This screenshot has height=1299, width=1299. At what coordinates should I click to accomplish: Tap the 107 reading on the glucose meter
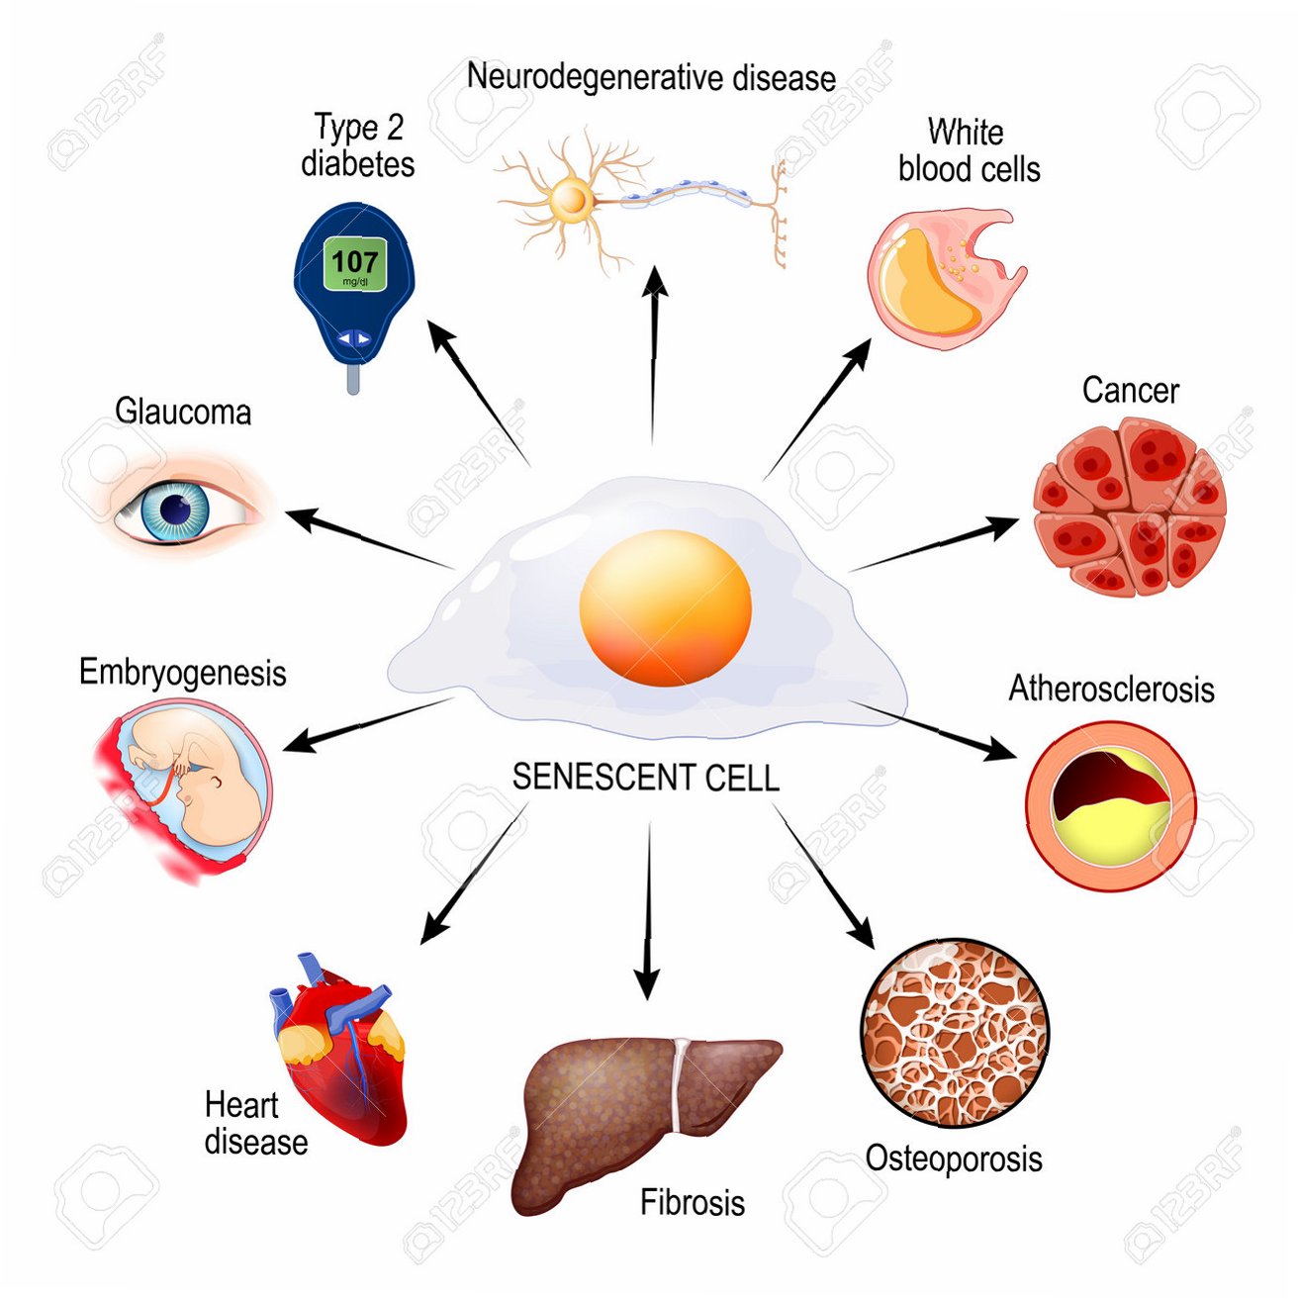pyautogui.click(x=354, y=262)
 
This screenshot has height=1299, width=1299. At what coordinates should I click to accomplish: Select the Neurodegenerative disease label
pyautogui.click(x=651, y=77)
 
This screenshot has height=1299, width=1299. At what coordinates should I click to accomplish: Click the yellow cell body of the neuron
pyautogui.click(x=571, y=201)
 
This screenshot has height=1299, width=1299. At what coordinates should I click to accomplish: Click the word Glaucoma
pyautogui.click(x=183, y=412)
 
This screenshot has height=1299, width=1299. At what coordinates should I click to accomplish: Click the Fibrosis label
pyautogui.click(x=693, y=1203)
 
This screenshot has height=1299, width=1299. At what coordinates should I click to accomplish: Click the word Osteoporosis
pyautogui.click(x=954, y=1159)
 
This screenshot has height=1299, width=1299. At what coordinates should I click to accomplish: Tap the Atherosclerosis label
pyautogui.click(x=1111, y=690)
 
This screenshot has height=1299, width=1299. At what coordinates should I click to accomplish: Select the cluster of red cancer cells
pyautogui.click(x=1129, y=508)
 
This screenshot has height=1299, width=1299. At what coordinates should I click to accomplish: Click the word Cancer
pyautogui.click(x=1130, y=391)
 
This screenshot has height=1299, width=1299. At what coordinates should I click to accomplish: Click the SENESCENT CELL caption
pyautogui.click(x=645, y=778)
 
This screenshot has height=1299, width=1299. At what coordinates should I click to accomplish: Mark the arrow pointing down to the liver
pyautogui.click(x=648, y=910)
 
